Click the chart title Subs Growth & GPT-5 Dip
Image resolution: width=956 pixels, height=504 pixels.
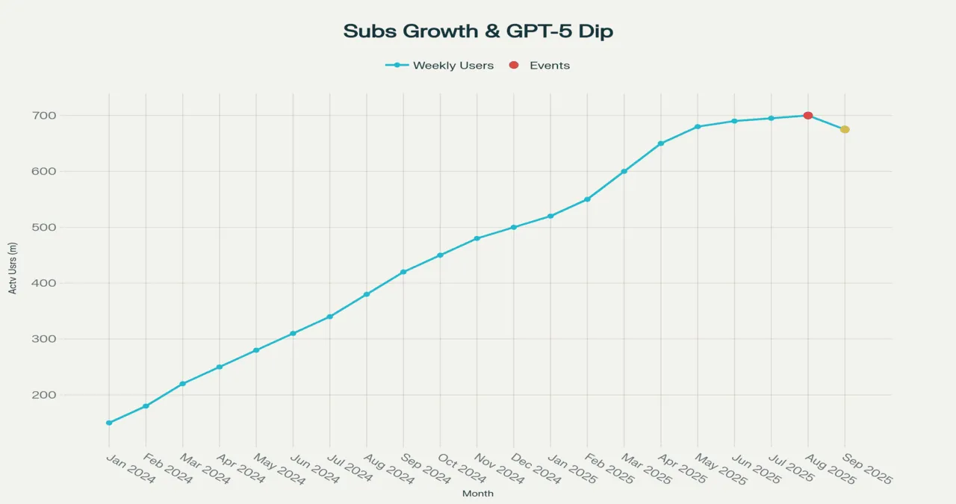pyautogui.click(x=478, y=31)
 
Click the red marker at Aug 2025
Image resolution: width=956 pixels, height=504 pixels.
pyautogui.click(x=808, y=116)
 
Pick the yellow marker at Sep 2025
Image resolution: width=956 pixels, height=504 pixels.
pyautogui.click(x=845, y=130)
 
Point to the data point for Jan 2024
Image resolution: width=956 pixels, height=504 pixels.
pyautogui.click(x=109, y=423)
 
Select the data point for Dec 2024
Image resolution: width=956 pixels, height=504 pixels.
pyautogui.click(x=514, y=227)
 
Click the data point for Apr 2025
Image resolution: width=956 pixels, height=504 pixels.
pyautogui.click(x=661, y=143)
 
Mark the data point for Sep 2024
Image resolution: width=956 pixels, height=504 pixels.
pyautogui.click(x=403, y=272)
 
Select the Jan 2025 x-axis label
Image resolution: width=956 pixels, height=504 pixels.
pyautogui.click(x=572, y=468)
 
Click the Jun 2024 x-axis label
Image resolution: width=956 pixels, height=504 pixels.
pyautogui.click(x=314, y=468)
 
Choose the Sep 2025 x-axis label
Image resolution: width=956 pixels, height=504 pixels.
pyautogui.click(x=866, y=468)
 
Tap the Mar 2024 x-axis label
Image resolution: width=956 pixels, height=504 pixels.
pyautogui.click(x=204, y=468)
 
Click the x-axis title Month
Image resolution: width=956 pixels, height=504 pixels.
pyautogui.click(x=478, y=494)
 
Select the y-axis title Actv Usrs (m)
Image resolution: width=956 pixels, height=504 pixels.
pyautogui.click(x=13, y=268)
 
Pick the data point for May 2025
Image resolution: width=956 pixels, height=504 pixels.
pyautogui.click(x=698, y=127)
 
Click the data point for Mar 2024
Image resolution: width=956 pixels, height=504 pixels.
pyautogui.click(x=182, y=384)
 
